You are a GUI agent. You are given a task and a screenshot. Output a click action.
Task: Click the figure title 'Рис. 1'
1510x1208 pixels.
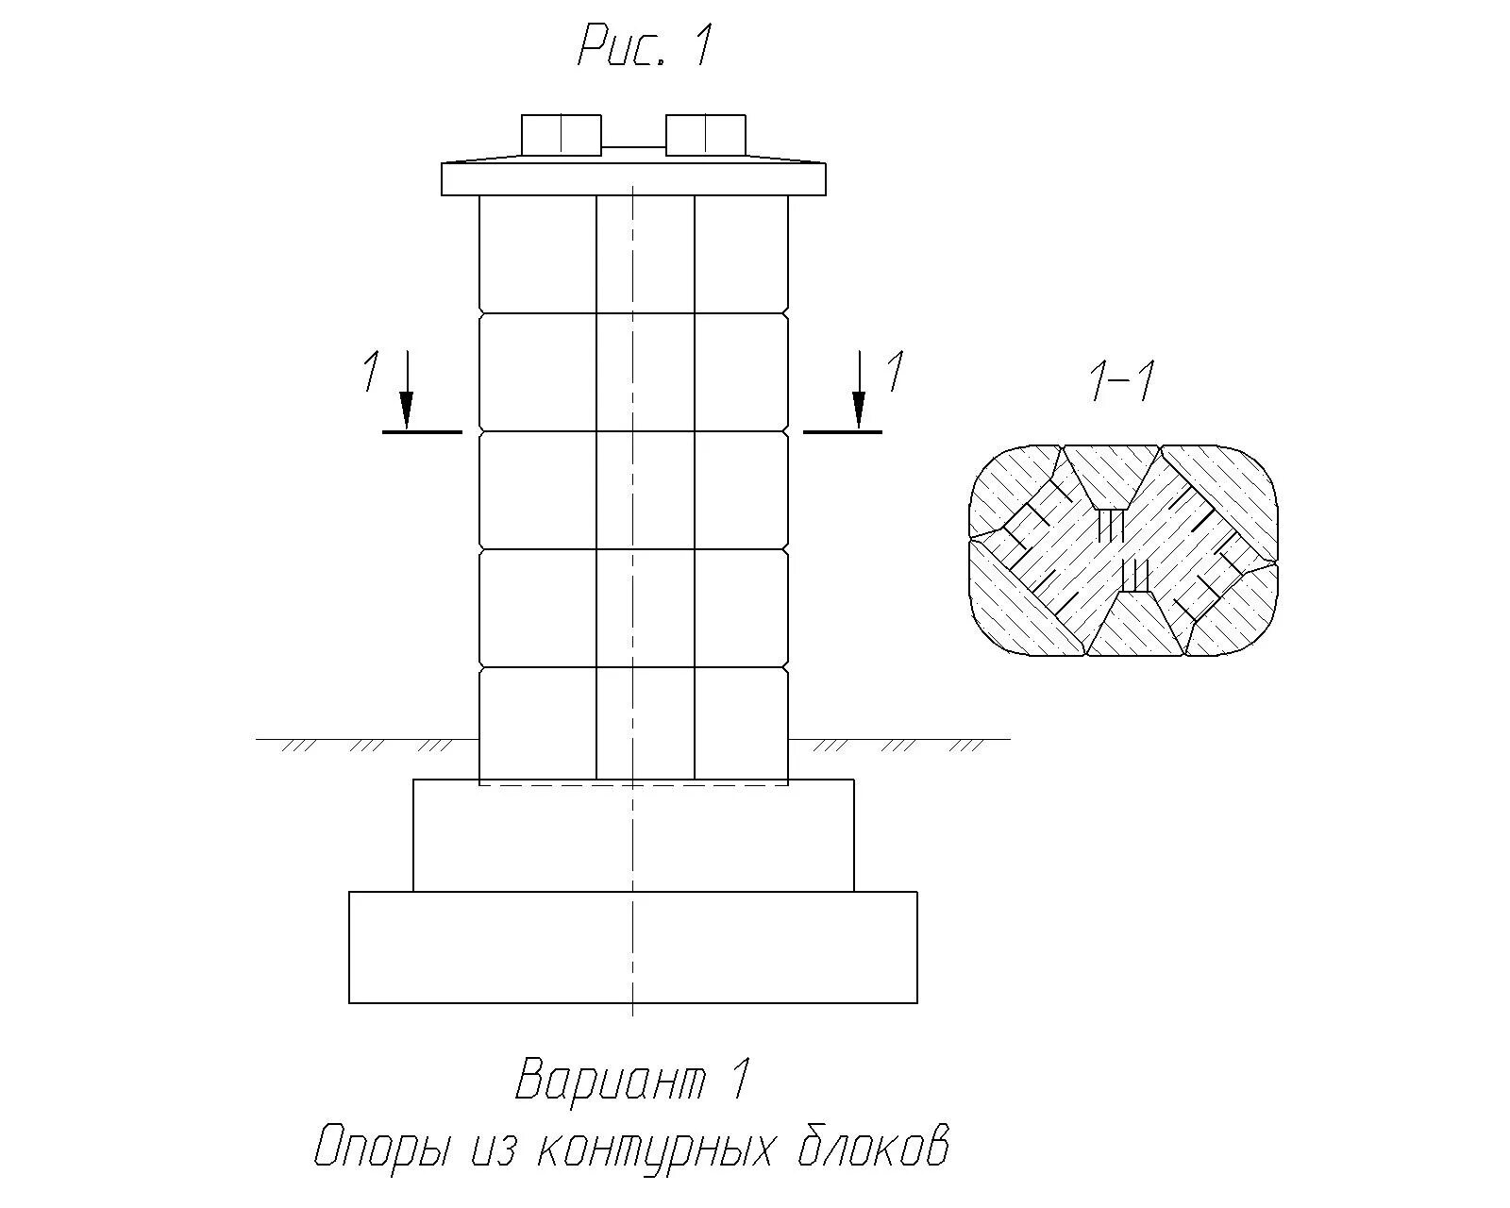click(644, 46)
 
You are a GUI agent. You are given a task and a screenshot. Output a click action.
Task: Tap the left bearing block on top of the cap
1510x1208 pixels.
click(561, 135)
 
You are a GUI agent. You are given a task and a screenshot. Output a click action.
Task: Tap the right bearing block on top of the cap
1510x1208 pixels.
click(705, 135)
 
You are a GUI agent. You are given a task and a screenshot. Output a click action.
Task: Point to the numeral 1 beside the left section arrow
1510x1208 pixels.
click(371, 370)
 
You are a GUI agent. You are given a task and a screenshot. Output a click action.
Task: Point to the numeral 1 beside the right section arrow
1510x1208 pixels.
click(895, 370)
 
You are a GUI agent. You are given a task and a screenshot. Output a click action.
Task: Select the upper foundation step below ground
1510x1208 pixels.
click(632, 836)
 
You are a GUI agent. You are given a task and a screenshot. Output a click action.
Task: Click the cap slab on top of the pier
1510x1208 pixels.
click(632, 179)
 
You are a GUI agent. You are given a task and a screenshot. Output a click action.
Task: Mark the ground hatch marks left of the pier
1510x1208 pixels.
click(368, 746)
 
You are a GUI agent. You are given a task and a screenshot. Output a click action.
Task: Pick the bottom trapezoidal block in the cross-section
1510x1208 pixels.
click(1135, 623)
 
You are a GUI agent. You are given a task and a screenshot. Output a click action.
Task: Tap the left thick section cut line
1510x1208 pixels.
click(422, 432)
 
